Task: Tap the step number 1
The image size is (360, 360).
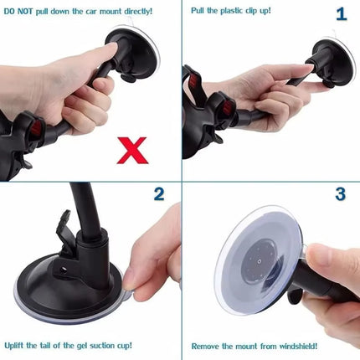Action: click(340, 14)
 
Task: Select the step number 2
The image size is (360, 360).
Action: click(159, 194)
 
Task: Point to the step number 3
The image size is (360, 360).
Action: click(340, 194)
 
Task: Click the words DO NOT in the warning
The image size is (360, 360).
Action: click(19, 12)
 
